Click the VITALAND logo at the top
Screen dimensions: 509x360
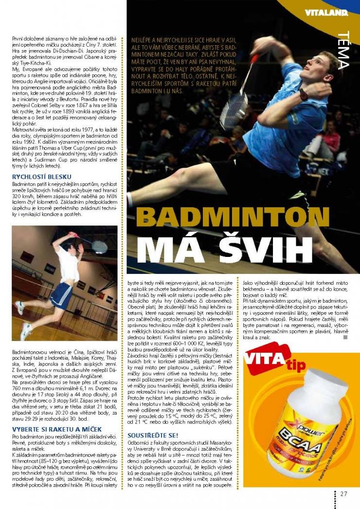pos(326,13)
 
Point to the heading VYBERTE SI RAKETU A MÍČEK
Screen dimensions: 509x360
pos(57,429)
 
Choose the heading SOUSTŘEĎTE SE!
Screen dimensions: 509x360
pos(153,434)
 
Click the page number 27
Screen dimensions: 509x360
pos(343,493)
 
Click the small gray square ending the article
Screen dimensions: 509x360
pos(345,336)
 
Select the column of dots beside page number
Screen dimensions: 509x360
pos(335,498)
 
